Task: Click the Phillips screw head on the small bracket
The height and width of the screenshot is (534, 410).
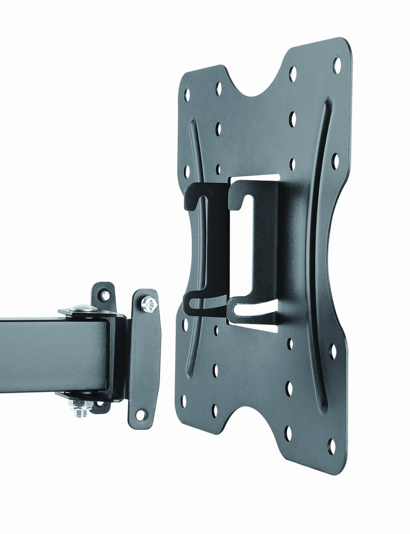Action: [148, 304]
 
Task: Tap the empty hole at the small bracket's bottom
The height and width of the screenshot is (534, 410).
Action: [141, 414]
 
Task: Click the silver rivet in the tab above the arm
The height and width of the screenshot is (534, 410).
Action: [105, 295]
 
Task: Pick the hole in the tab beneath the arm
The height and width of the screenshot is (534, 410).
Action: [99, 404]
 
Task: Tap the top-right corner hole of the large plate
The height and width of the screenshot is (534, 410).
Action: [337, 65]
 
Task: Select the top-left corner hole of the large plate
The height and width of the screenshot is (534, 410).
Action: [187, 95]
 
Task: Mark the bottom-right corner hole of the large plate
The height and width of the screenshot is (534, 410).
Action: [332, 446]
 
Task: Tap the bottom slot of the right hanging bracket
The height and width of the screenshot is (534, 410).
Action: [254, 310]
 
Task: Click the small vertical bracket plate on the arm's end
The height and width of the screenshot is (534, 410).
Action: [144, 358]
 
